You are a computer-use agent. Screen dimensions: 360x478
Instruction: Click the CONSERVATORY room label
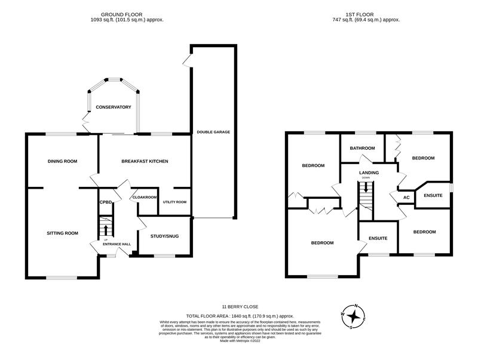[113, 107]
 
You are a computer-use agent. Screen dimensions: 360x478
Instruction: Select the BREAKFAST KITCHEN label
[145, 161]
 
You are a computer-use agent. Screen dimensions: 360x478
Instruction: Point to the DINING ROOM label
[63, 161]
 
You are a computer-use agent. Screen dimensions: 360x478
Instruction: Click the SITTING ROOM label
[63, 233]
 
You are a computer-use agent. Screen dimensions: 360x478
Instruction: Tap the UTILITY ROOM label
[175, 202]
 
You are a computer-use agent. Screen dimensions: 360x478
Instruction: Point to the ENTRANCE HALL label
[117, 244]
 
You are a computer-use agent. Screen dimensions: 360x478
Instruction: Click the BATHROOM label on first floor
[362, 148]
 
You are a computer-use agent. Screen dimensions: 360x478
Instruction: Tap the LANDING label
[369, 173]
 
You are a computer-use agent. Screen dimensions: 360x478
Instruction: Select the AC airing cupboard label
[406, 197]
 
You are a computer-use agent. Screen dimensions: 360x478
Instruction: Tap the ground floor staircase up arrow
[106, 229]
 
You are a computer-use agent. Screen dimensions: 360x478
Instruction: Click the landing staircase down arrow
[365, 187]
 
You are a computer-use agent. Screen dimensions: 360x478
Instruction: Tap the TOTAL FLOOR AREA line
[240, 315]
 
